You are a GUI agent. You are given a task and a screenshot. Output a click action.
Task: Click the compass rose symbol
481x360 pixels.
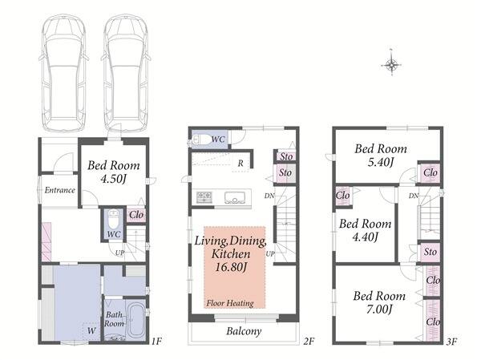click(x=391, y=64)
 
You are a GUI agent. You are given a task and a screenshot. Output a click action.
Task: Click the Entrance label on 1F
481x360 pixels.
click(x=60, y=190)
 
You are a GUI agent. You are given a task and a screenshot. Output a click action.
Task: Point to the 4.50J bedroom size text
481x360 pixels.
click(x=114, y=179)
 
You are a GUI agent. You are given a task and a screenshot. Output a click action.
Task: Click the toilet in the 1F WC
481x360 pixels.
click(x=114, y=219)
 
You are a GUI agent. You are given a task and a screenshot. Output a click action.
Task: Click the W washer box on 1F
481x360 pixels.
click(x=91, y=331)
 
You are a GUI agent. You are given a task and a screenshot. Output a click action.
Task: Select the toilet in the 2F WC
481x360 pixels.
click(x=202, y=140)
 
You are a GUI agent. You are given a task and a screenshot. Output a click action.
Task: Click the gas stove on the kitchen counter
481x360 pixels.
click(x=204, y=197)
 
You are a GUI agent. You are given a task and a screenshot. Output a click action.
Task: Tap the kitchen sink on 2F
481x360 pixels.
click(x=235, y=198)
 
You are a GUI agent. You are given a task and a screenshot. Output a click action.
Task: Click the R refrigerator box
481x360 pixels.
click(x=240, y=164)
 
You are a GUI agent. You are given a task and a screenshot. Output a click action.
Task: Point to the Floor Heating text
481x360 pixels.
click(x=230, y=303)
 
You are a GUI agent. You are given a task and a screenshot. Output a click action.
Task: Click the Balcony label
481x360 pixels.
click(x=244, y=331)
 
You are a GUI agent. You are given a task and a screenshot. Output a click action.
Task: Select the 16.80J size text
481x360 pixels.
click(x=230, y=267)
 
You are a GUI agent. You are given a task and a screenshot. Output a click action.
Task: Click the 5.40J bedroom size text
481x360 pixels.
click(x=381, y=162)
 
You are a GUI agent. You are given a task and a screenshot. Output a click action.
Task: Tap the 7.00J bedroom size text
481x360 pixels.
click(x=379, y=309)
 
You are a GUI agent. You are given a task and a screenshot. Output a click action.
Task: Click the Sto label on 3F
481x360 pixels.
click(x=430, y=252)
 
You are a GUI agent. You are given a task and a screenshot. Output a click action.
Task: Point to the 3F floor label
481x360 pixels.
click(x=451, y=342)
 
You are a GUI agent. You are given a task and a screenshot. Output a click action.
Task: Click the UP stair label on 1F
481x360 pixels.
click(x=120, y=253)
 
